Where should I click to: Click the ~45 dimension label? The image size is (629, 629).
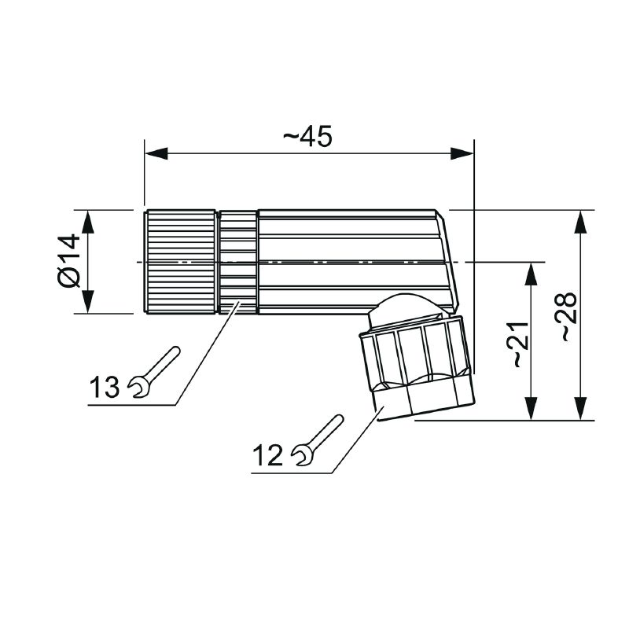point(307,136)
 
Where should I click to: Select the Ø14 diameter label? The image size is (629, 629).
point(69,261)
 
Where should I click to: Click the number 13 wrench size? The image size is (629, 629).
point(105,387)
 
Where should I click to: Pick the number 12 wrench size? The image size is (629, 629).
point(267,455)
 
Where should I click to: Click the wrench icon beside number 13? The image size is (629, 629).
point(153,372)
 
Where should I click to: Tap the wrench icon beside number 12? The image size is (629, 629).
point(317,440)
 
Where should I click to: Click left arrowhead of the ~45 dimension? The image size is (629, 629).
point(156,153)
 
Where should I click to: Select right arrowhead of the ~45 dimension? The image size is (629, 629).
point(462,153)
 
